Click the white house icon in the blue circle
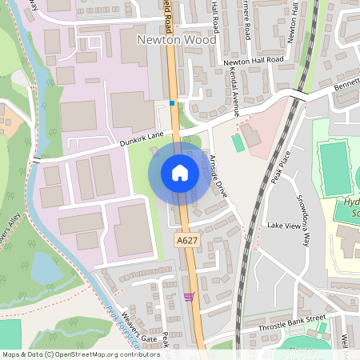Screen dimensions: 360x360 (180, 173)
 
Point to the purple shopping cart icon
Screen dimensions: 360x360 (189, 297)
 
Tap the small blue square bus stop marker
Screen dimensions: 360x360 (171, 102)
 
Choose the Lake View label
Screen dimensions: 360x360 (282, 226)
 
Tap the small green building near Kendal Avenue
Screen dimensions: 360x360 (237, 142)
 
